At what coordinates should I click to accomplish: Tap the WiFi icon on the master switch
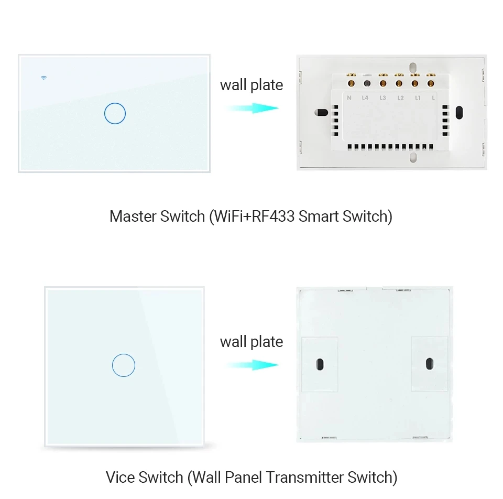(44, 78)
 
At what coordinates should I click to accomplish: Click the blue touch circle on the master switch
(115, 113)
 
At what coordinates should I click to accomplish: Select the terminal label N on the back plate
(349, 97)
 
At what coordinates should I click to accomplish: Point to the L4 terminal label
(366, 97)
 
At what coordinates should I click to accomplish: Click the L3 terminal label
(382, 97)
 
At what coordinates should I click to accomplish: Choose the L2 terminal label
(400, 97)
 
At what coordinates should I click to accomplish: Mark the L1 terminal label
(417, 97)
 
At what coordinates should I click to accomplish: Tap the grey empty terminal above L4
(367, 83)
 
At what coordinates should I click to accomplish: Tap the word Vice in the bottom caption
(121, 477)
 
